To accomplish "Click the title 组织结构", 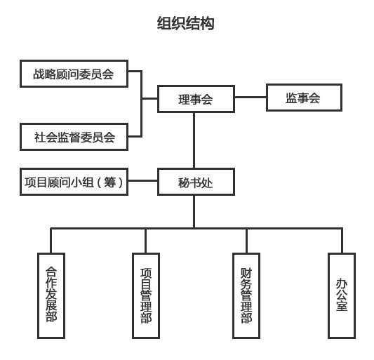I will pyautogui.click(x=186, y=25).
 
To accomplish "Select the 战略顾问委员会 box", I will pyautogui.click(x=73, y=74).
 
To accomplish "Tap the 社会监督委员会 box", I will pyautogui.click(x=74, y=137).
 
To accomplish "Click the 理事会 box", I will pyautogui.click(x=195, y=99).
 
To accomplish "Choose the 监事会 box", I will pyautogui.click(x=303, y=98).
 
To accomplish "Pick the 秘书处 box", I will pyautogui.click(x=195, y=183).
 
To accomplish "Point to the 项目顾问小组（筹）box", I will pyautogui.click(x=74, y=183).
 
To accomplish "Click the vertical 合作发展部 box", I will pyautogui.click(x=51, y=295).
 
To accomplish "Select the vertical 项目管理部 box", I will pyautogui.click(x=146, y=295).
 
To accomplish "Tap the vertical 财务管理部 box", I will pyautogui.click(x=246, y=295).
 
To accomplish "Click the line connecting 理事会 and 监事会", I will pyautogui.click(x=249, y=99).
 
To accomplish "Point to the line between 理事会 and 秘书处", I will pyautogui.click(x=195, y=140).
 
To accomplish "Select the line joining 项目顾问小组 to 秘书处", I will pyautogui.click(x=145, y=183).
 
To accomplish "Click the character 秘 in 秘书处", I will pyautogui.click(x=184, y=183).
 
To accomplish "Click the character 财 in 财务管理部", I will pyautogui.click(x=246, y=272).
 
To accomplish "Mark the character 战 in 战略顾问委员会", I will pyautogui.click(x=38, y=74).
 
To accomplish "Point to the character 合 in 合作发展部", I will pyautogui.click(x=51, y=272).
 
